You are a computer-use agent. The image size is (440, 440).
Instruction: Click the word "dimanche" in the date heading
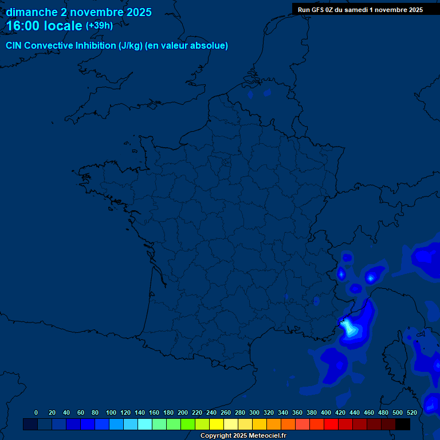(x=32, y=12)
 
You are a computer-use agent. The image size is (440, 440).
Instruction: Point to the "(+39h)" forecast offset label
(x=99, y=26)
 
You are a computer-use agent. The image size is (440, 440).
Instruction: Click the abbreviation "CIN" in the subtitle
(x=14, y=46)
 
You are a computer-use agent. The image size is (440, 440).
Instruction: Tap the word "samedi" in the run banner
(x=356, y=10)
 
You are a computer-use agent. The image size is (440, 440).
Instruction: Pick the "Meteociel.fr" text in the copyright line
(x=267, y=436)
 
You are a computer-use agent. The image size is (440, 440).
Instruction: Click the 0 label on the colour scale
(x=36, y=412)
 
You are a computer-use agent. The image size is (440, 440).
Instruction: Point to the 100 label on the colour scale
(x=111, y=412)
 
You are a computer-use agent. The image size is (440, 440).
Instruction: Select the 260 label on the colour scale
(x=226, y=412)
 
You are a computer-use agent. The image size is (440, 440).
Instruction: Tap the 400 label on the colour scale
(x=326, y=412)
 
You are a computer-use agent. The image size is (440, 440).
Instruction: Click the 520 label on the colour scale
(x=412, y=412)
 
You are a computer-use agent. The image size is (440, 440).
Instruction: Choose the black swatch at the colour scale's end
(x=403, y=425)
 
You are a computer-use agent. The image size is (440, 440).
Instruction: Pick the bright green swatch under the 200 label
(x=187, y=425)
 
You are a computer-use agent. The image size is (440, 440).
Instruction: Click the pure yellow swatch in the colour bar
(x=216, y=425)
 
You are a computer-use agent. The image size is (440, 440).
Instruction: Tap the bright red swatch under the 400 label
(x=331, y=425)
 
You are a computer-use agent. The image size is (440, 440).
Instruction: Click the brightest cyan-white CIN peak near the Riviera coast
(x=347, y=327)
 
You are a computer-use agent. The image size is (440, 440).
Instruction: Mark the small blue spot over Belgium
(x=267, y=92)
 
